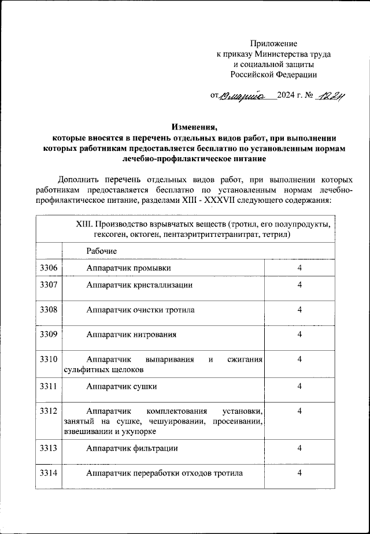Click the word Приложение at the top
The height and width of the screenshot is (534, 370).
point(273,43)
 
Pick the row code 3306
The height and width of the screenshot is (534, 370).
point(48,268)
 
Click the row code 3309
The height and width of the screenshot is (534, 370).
point(48,334)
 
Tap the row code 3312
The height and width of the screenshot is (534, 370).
point(48,411)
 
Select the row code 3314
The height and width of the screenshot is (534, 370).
point(48,473)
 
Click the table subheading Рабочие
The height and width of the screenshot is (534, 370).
point(102,251)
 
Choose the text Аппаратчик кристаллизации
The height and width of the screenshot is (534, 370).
point(139,285)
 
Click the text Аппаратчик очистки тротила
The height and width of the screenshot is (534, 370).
point(140,310)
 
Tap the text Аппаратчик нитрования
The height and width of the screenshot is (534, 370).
point(131,334)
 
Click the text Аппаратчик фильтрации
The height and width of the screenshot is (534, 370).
point(132,448)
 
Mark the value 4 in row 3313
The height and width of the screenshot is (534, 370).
point(299,448)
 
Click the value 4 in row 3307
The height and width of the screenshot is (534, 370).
point(299,285)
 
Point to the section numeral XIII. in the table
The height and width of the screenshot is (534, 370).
point(85,225)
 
